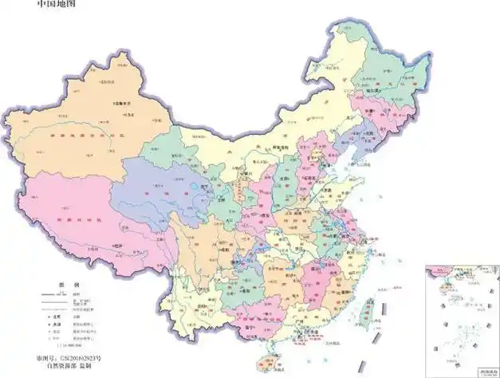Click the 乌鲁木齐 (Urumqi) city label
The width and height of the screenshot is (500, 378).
[x=120, y=104]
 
